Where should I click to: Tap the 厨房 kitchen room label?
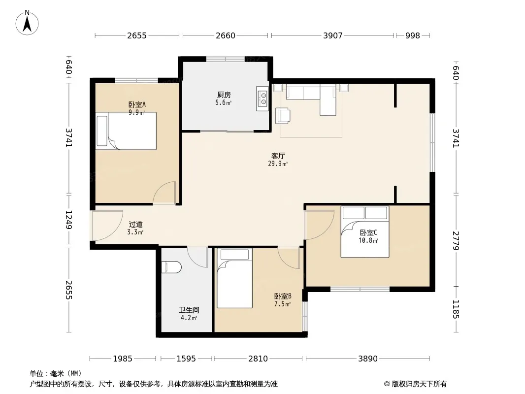click(x=224, y=95)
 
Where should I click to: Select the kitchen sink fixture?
click(x=262, y=98)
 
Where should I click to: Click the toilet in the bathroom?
click(x=171, y=267)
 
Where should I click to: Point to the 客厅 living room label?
click(x=278, y=156)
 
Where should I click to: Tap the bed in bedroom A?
click(x=126, y=131)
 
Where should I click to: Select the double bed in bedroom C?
click(x=365, y=231)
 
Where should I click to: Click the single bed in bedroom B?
click(x=234, y=278)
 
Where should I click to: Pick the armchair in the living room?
click(x=283, y=115)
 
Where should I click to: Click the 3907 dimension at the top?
click(x=333, y=35)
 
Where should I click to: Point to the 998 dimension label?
click(x=413, y=35)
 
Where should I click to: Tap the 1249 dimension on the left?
click(x=68, y=220)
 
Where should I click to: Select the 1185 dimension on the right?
click(x=456, y=309)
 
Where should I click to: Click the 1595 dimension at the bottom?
click(x=186, y=359)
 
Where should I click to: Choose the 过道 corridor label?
click(x=135, y=224)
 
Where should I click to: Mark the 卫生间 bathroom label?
click(x=189, y=310)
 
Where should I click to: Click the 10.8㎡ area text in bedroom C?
click(x=368, y=241)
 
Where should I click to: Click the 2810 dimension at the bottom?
click(x=258, y=359)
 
